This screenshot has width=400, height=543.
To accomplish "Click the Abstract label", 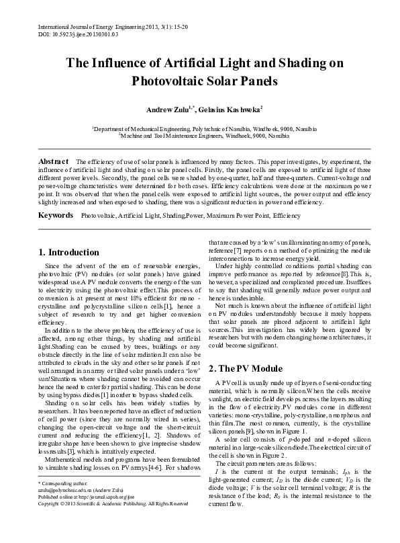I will pyautogui.click(x=53, y=162).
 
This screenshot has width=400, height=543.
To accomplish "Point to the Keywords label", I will pyautogui.click(x=56, y=216).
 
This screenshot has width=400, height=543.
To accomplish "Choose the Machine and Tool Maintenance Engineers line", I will pyautogui.click(x=199, y=134).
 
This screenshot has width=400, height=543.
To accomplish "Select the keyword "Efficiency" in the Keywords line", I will pyautogui.click(x=287, y=216).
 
